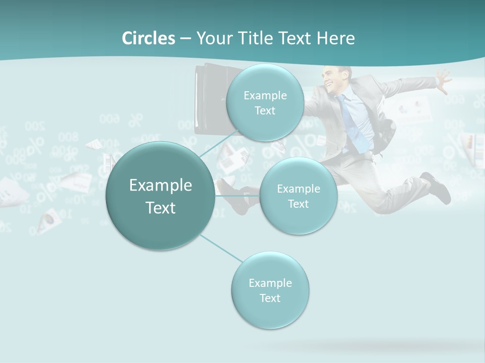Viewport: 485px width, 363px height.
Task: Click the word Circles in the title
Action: [148, 38]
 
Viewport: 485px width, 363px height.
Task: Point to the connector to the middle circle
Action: [237, 195]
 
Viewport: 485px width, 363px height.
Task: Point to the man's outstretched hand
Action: [443, 81]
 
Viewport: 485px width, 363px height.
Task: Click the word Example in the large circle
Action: [160, 186]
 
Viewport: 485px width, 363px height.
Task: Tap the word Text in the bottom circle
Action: [270, 298]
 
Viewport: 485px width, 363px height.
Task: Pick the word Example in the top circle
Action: [265, 95]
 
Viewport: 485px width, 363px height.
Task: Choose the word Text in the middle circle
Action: [298, 204]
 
